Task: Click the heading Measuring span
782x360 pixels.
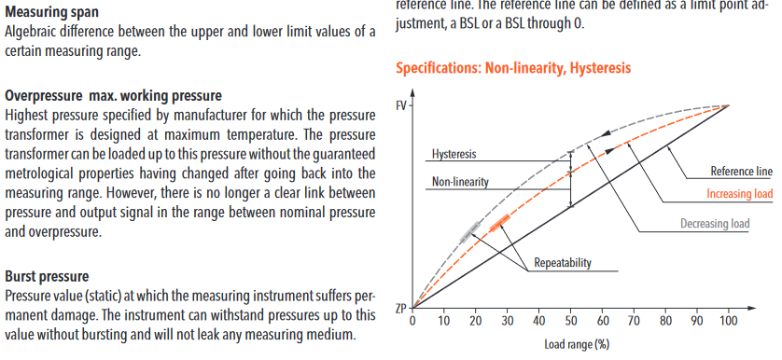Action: [x=51, y=12]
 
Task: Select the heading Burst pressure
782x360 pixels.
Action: [x=47, y=276]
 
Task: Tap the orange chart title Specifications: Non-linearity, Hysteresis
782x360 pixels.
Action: [x=513, y=68]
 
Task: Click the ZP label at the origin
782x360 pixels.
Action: [x=401, y=309]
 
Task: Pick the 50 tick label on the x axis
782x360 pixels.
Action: [x=570, y=320]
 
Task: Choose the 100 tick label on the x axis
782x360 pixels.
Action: [x=729, y=320]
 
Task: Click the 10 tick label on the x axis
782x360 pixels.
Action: [x=444, y=320]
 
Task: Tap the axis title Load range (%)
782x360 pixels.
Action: [x=577, y=344]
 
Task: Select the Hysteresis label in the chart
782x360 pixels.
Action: [x=454, y=154]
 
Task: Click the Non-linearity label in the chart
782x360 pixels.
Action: [x=460, y=182]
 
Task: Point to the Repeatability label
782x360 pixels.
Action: [x=563, y=263]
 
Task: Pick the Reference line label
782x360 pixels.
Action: [x=742, y=172]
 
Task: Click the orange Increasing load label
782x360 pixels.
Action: [x=740, y=194]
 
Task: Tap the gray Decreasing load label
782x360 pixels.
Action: [x=715, y=223]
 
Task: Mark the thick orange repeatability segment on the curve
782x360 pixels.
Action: [x=499, y=222]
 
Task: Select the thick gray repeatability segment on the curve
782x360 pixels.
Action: [x=469, y=232]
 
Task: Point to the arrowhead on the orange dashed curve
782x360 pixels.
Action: [x=610, y=149]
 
